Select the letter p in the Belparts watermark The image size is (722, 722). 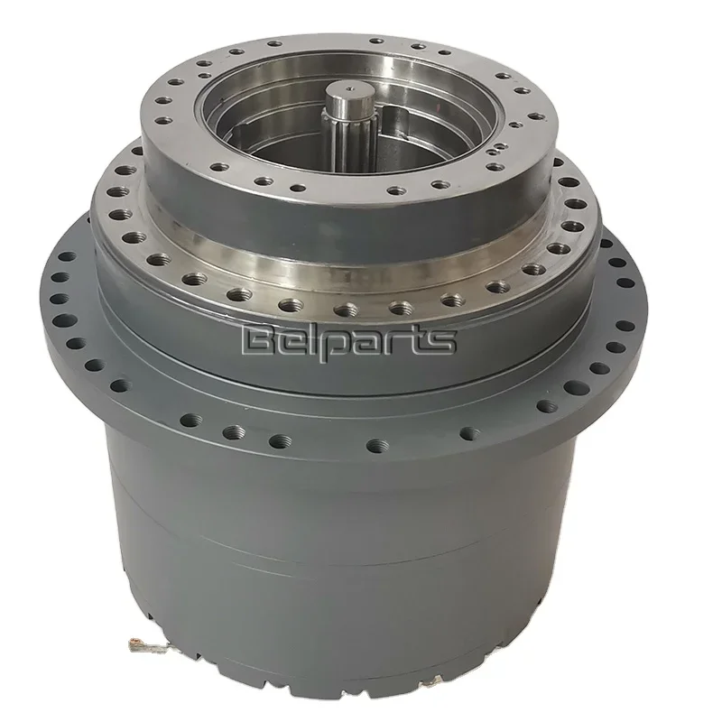click(x=337, y=344)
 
